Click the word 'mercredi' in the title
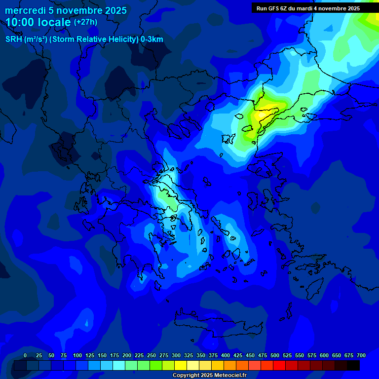click(25, 10)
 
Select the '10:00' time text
click(21, 22)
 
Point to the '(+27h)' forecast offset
click(85, 22)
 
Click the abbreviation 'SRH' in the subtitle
click(13, 39)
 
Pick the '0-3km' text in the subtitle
click(152, 39)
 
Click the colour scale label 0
click(25, 355)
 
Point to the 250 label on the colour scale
click(152, 355)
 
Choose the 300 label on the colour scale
click(176, 355)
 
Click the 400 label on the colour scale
click(226, 355)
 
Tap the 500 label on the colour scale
click(275, 355)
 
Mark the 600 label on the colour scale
click(324, 355)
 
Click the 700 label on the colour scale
click(361, 355)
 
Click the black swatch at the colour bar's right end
click(353, 366)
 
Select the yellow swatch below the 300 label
click(181, 366)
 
